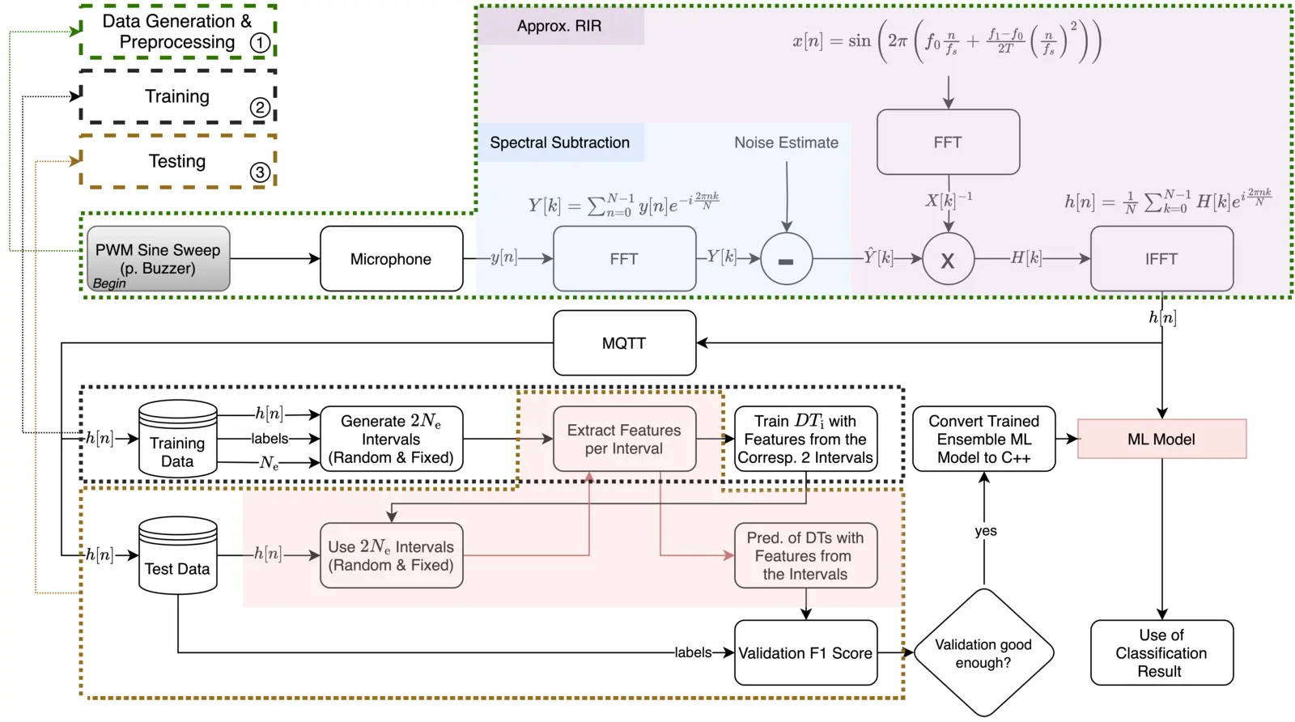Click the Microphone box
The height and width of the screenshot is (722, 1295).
tap(391, 259)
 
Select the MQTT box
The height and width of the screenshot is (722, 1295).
tap(624, 343)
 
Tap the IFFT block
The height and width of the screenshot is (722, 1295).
tap(1161, 259)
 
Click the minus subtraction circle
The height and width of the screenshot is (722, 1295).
tap(786, 259)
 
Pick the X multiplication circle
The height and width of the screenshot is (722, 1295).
tap(948, 259)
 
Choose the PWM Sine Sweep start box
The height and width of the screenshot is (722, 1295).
tap(158, 259)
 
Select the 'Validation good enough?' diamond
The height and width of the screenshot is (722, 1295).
tap(983, 653)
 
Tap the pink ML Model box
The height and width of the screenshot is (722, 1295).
tap(1161, 440)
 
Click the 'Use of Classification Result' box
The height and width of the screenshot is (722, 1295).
tap(1161, 653)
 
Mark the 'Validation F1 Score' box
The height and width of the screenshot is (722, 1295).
tap(805, 653)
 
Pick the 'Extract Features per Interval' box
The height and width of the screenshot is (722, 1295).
tap(624, 440)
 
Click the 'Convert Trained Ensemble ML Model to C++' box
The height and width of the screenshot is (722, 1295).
tap(983, 440)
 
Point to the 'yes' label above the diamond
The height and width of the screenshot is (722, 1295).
tap(985, 531)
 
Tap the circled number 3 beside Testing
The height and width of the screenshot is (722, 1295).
tap(259, 172)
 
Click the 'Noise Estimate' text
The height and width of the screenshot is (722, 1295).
tap(786, 142)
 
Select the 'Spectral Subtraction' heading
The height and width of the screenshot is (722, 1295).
tap(559, 142)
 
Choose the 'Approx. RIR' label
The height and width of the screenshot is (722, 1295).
tap(559, 26)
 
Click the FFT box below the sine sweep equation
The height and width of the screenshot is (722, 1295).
tap(948, 142)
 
